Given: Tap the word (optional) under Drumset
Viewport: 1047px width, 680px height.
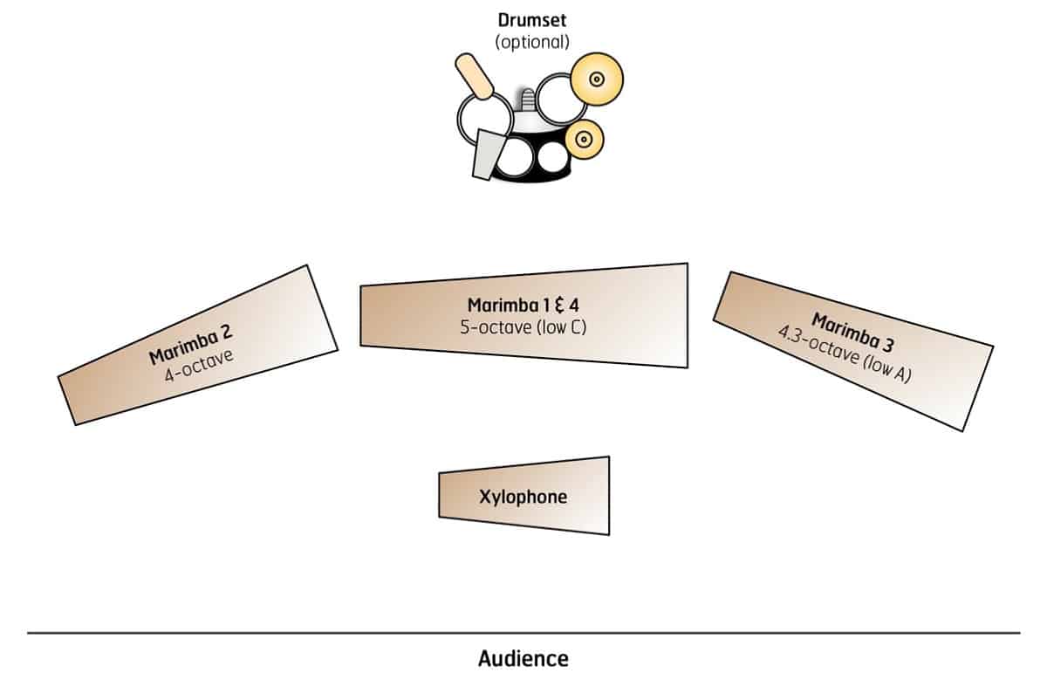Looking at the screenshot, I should [x=532, y=41].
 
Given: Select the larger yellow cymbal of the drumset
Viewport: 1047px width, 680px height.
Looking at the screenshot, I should [x=596, y=79].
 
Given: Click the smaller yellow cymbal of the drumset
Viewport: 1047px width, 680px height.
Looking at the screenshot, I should [x=584, y=137].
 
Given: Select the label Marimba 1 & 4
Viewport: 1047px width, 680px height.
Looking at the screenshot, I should [x=523, y=306].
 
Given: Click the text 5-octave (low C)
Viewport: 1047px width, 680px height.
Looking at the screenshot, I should [x=523, y=328].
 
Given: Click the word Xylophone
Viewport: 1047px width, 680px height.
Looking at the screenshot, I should [x=523, y=497].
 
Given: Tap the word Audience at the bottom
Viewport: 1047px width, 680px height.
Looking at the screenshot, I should [x=523, y=658].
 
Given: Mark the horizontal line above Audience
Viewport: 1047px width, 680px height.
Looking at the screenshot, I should [x=523, y=632].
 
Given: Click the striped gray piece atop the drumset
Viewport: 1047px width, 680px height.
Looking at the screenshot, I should [x=525, y=98].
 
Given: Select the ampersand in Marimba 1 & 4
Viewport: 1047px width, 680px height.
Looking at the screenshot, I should [x=561, y=306].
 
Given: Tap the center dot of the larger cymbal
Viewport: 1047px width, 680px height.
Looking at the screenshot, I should [x=596, y=79].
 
